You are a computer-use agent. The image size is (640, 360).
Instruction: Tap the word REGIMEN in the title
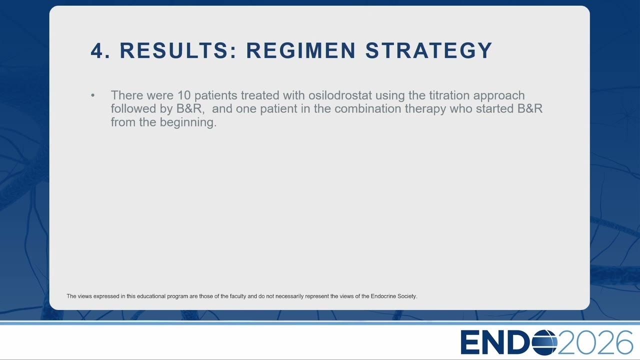(x=301, y=50)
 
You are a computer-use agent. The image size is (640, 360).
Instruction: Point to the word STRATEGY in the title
(x=429, y=50)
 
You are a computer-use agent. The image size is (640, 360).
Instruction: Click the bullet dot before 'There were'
(x=93, y=95)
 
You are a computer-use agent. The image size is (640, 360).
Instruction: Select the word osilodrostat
(x=340, y=95)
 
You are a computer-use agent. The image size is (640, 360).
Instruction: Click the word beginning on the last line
(x=188, y=123)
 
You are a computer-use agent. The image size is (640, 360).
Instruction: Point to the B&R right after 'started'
(x=530, y=108)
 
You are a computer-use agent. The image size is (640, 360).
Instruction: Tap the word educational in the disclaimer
(x=151, y=296)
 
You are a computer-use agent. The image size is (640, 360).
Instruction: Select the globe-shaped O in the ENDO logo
(x=544, y=342)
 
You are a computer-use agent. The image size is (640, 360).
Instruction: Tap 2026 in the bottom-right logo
(x=595, y=342)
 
